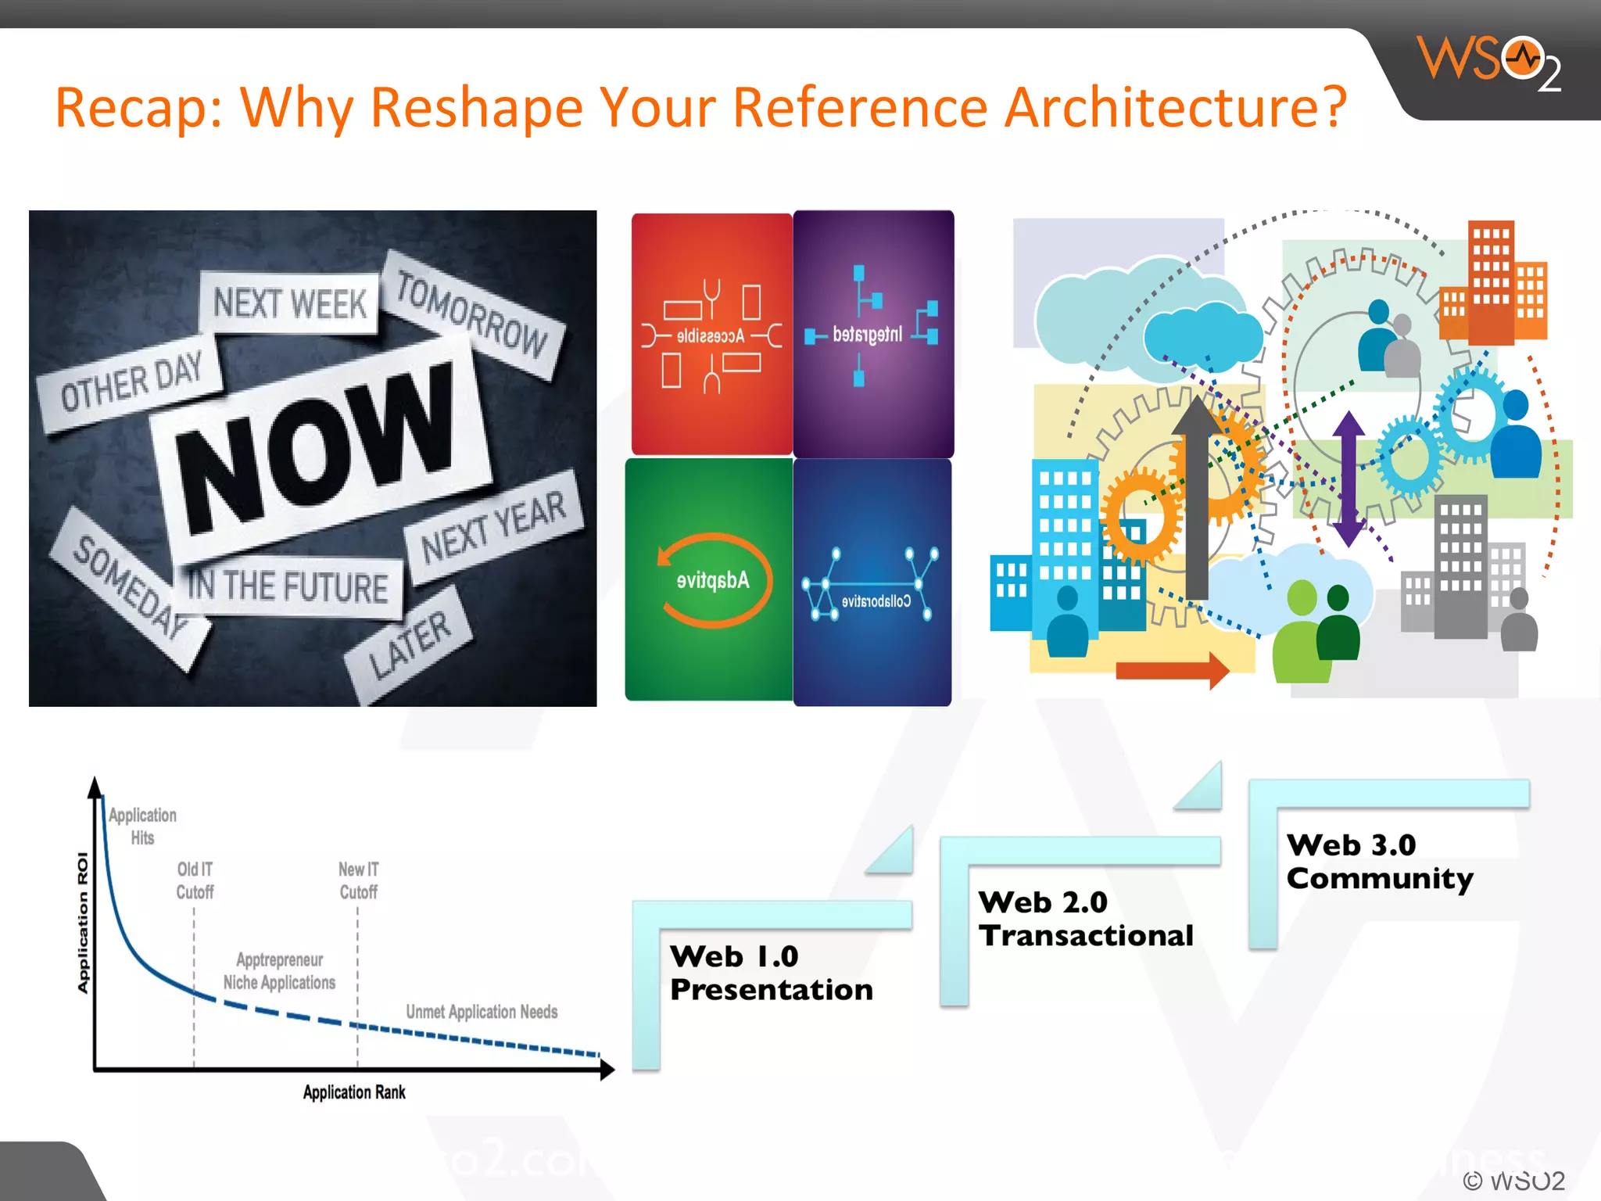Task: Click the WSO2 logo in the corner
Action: [x=1489, y=63]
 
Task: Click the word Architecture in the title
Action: [x=1176, y=108]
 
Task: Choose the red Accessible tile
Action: [x=711, y=334]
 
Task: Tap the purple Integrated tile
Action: [x=873, y=334]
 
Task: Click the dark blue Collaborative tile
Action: [x=873, y=583]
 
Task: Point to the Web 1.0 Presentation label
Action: [x=771, y=973]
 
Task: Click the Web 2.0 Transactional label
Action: [x=1085, y=919]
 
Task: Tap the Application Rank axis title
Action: [x=354, y=1092]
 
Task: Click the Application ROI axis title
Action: [x=83, y=923]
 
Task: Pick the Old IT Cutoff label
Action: [x=195, y=880]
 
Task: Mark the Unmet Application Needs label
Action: [x=482, y=1012]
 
